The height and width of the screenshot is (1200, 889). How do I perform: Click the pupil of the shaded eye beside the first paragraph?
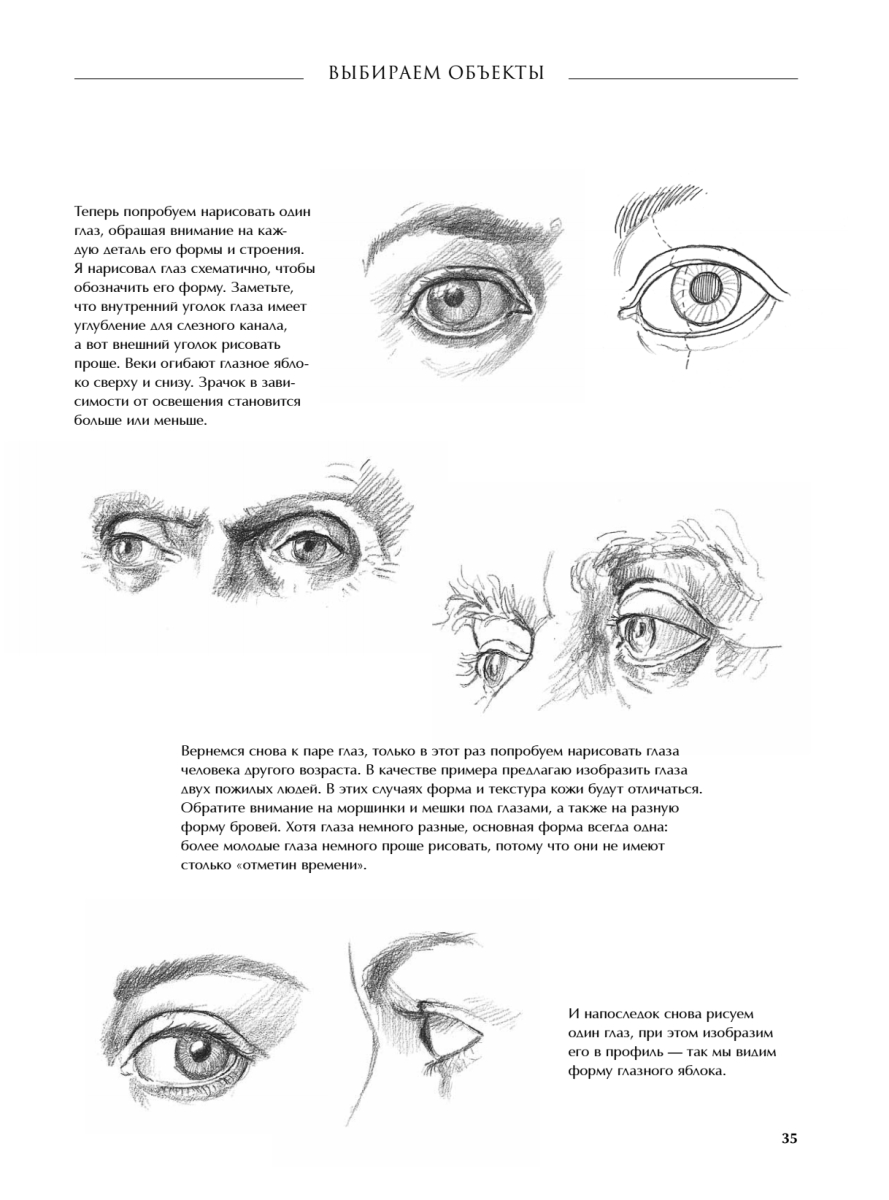[452, 295]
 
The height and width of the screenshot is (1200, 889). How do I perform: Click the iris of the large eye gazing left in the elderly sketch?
[641, 632]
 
